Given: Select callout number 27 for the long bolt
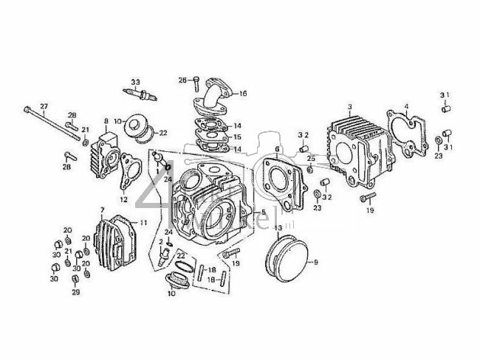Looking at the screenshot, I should click(x=43, y=106).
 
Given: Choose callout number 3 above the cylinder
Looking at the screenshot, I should click(x=349, y=107).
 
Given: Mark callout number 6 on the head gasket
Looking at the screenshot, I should click(x=277, y=149).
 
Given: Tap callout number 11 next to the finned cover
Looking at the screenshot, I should click(x=143, y=222).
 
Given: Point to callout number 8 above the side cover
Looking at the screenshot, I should click(x=106, y=121).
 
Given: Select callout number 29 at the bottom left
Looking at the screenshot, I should click(x=75, y=292).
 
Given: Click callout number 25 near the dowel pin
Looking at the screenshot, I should click(x=311, y=159).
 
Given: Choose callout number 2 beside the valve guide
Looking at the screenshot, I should click(x=159, y=242).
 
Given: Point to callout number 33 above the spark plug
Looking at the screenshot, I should click(x=135, y=80).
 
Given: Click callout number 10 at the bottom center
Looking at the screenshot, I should click(x=171, y=294).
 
